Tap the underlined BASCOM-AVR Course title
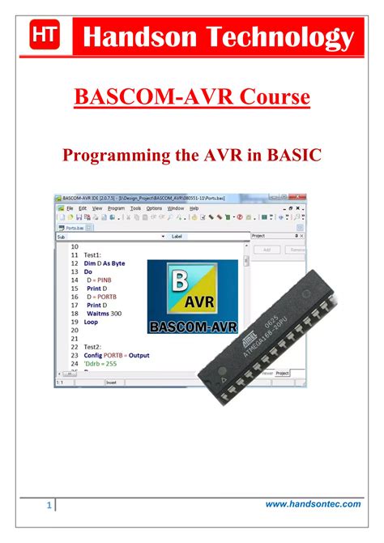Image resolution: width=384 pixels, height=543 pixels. click(192, 98)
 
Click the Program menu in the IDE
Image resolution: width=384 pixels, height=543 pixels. click(117, 208)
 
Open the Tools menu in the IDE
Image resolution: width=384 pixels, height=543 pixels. click(135, 208)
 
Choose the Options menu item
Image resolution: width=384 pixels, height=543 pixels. click(154, 208)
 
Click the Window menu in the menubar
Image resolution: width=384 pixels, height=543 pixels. click(176, 208)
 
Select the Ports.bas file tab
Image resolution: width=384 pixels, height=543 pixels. click(75, 227)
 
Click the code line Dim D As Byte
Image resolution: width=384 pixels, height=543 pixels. click(105, 263)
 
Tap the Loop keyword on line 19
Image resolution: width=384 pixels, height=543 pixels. click(91, 322)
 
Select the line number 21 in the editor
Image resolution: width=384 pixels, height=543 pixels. click(75, 339)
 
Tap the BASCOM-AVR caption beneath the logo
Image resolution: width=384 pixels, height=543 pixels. click(193, 328)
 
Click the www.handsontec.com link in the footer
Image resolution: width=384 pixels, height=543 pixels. click(313, 504)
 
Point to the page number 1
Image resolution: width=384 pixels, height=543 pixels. click(48, 507)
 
